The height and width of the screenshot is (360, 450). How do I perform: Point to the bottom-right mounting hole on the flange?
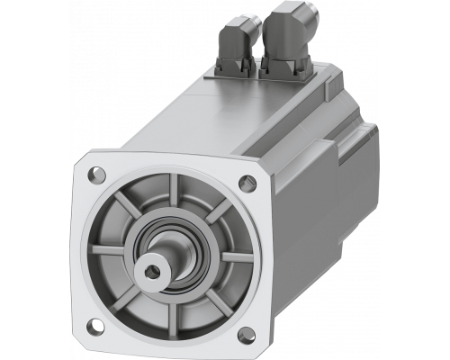pos(243,340)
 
